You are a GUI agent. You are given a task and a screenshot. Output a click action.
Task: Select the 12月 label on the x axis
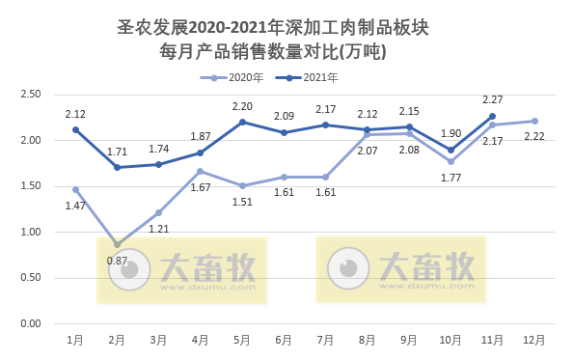(x=533, y=340)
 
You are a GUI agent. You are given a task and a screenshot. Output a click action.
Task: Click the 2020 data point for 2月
(x=117, y=244)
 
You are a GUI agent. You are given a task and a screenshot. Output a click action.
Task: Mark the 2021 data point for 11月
(x=492, y=116)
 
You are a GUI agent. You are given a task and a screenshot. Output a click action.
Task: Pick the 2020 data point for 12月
(x=533, y=121)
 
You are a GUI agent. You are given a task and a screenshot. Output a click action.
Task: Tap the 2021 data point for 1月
(x=75, y=129)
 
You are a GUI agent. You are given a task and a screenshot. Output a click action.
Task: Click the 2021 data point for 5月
(x=241, y=122)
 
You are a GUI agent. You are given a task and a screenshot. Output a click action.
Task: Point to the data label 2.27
(x=492, y=97)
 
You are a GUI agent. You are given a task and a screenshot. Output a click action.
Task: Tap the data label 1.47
(x=75, y=206)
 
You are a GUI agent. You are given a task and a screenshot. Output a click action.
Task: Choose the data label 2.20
(x=241, y=105)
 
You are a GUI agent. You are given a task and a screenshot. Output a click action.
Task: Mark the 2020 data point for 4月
(x=200, y=171)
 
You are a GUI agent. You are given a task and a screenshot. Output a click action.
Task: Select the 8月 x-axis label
(x=367, y=340)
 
